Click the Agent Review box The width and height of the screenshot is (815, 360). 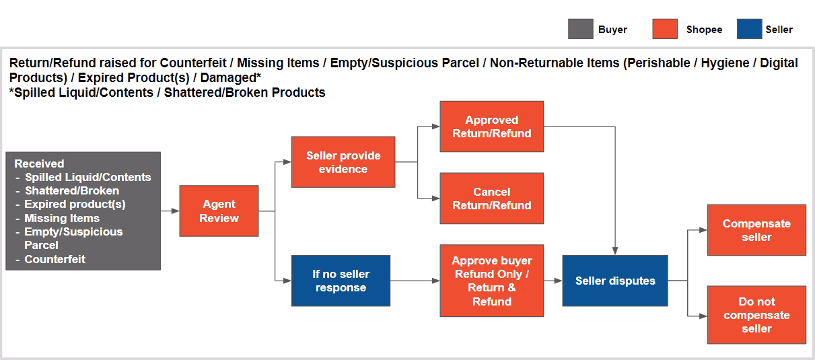(x=219, y=211)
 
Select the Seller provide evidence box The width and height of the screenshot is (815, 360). (x=343, y=162)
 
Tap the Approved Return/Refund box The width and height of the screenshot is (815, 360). (x=491, y=127)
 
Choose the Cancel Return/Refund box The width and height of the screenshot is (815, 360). (x=491, y=199)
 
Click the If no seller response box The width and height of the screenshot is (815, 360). (x=340, y=281)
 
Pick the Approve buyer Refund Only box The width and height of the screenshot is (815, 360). (x=491, y=281)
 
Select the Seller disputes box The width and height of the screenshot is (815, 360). (x=614, y=281)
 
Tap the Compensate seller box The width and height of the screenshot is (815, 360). (x=756, y=230)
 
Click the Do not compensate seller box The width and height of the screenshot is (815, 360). (x=756, y=315)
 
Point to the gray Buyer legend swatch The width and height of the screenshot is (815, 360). (x=581, y=30)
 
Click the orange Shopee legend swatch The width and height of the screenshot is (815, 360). (x=665, y=30)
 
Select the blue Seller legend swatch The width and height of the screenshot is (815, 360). (x=749, y=30)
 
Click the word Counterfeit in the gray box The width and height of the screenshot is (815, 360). (x=55, y=259)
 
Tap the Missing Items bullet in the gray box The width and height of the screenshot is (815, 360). (x=62, y=218)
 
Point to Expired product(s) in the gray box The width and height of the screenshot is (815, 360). (x=75, y=204)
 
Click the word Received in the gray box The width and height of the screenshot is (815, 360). (x=39, y=164)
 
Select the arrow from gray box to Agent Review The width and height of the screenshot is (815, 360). (x=170, y=211)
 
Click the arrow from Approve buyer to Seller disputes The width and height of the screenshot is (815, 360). (x=553, y=281)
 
